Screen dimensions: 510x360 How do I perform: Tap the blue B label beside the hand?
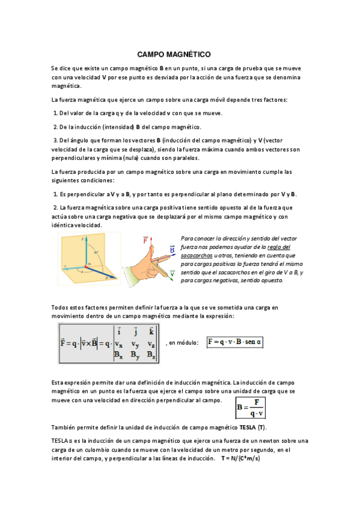point(172,249)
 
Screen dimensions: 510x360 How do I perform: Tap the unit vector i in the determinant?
point(120,331)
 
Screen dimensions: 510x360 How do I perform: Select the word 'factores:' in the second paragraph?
point(273,99)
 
